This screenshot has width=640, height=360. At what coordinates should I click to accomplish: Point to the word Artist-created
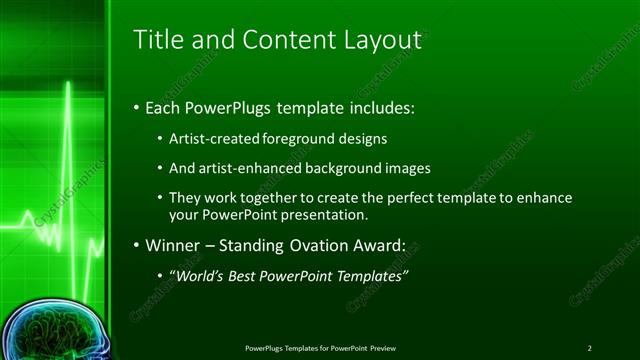(x=214, y=138)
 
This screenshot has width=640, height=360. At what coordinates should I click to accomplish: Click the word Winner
(x=174, y=244)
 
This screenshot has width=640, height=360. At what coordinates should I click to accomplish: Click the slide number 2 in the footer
(x=589, y=347)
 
